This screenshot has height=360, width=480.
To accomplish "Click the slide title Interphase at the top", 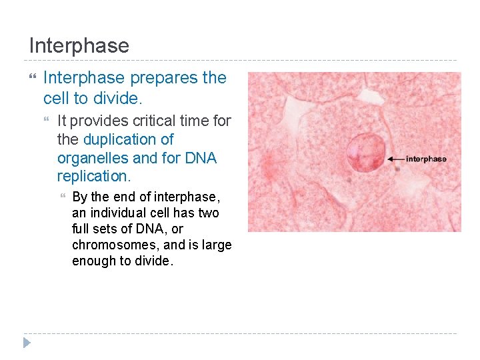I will tap(79, 46).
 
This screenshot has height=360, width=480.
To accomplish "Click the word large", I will tap(217, 245).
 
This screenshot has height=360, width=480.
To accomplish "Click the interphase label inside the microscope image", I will tap(426, 159).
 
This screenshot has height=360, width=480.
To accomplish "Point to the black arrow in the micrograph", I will tap(395, 159).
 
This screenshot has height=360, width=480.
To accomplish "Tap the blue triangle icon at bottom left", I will tap(27, 343).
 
